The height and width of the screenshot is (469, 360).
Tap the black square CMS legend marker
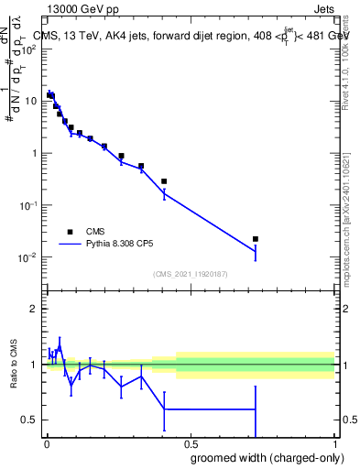tap(70, 232)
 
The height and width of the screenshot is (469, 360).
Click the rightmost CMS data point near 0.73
tap(256, 239)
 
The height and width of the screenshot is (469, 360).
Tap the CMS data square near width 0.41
tap(164, 181)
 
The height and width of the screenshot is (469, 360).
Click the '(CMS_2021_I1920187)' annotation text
tap(190, 274)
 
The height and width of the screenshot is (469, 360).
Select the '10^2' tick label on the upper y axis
tap(29, 49)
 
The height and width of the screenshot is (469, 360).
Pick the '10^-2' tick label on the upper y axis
tap(27, 257)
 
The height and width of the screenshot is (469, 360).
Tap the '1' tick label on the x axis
tap(334, 442)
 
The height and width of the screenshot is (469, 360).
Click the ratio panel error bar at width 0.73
tap(256, 409)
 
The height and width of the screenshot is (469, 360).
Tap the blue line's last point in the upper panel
tap(256, 251)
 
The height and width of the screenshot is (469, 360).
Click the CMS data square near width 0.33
tap(141, 166)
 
